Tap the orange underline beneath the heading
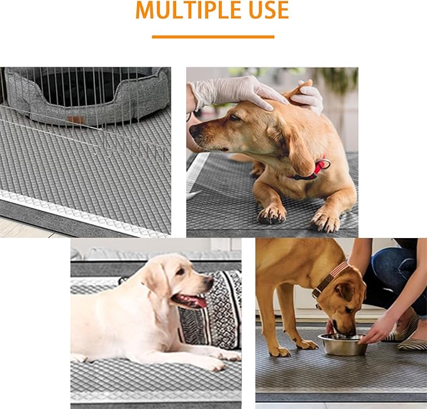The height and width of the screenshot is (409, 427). pyautogui.click(x=213, y=37)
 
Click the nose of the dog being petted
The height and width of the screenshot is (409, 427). pyautogui.click(x=193, y=130)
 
